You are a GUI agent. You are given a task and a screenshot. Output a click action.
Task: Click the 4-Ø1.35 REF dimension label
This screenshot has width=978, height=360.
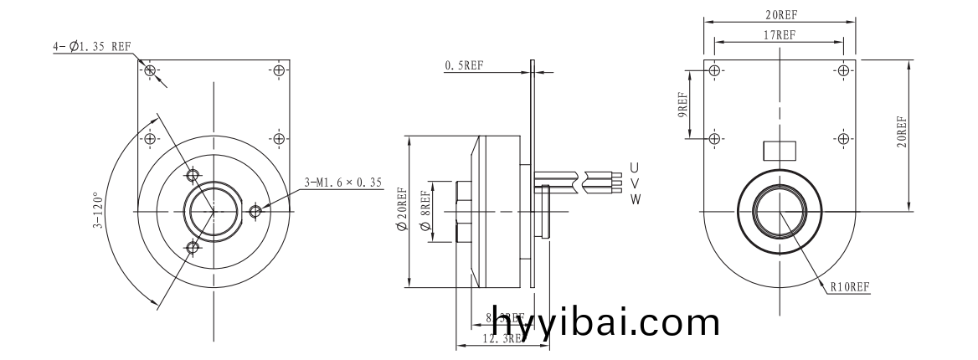(91, 48)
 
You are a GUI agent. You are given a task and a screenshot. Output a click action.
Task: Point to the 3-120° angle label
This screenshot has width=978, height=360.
(98, 211)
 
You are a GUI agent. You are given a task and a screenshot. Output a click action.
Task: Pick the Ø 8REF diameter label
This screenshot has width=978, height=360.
(425, 212)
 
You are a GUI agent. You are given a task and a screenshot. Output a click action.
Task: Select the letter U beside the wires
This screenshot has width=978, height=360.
(635, 167)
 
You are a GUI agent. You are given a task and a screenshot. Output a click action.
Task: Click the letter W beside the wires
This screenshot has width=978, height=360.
(635, 198)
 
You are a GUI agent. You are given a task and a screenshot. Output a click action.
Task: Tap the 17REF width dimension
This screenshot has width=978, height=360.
(779, 34)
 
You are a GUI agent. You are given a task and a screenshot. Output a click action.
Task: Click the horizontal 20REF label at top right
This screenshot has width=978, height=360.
(780, 15)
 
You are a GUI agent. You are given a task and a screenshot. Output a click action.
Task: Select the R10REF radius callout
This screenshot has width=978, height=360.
(850, 287)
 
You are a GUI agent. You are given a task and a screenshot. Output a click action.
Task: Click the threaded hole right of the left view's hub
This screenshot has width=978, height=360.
(255, 211)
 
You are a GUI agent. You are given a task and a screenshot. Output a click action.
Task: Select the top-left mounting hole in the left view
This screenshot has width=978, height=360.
(150, 70)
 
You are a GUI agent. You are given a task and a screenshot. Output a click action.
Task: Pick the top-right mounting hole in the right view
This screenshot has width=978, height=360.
(842, 70)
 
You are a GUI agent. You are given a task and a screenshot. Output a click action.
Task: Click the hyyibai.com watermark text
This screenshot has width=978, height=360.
(605, 320)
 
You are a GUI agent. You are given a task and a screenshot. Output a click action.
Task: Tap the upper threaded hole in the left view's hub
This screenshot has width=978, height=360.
(193, 175)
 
